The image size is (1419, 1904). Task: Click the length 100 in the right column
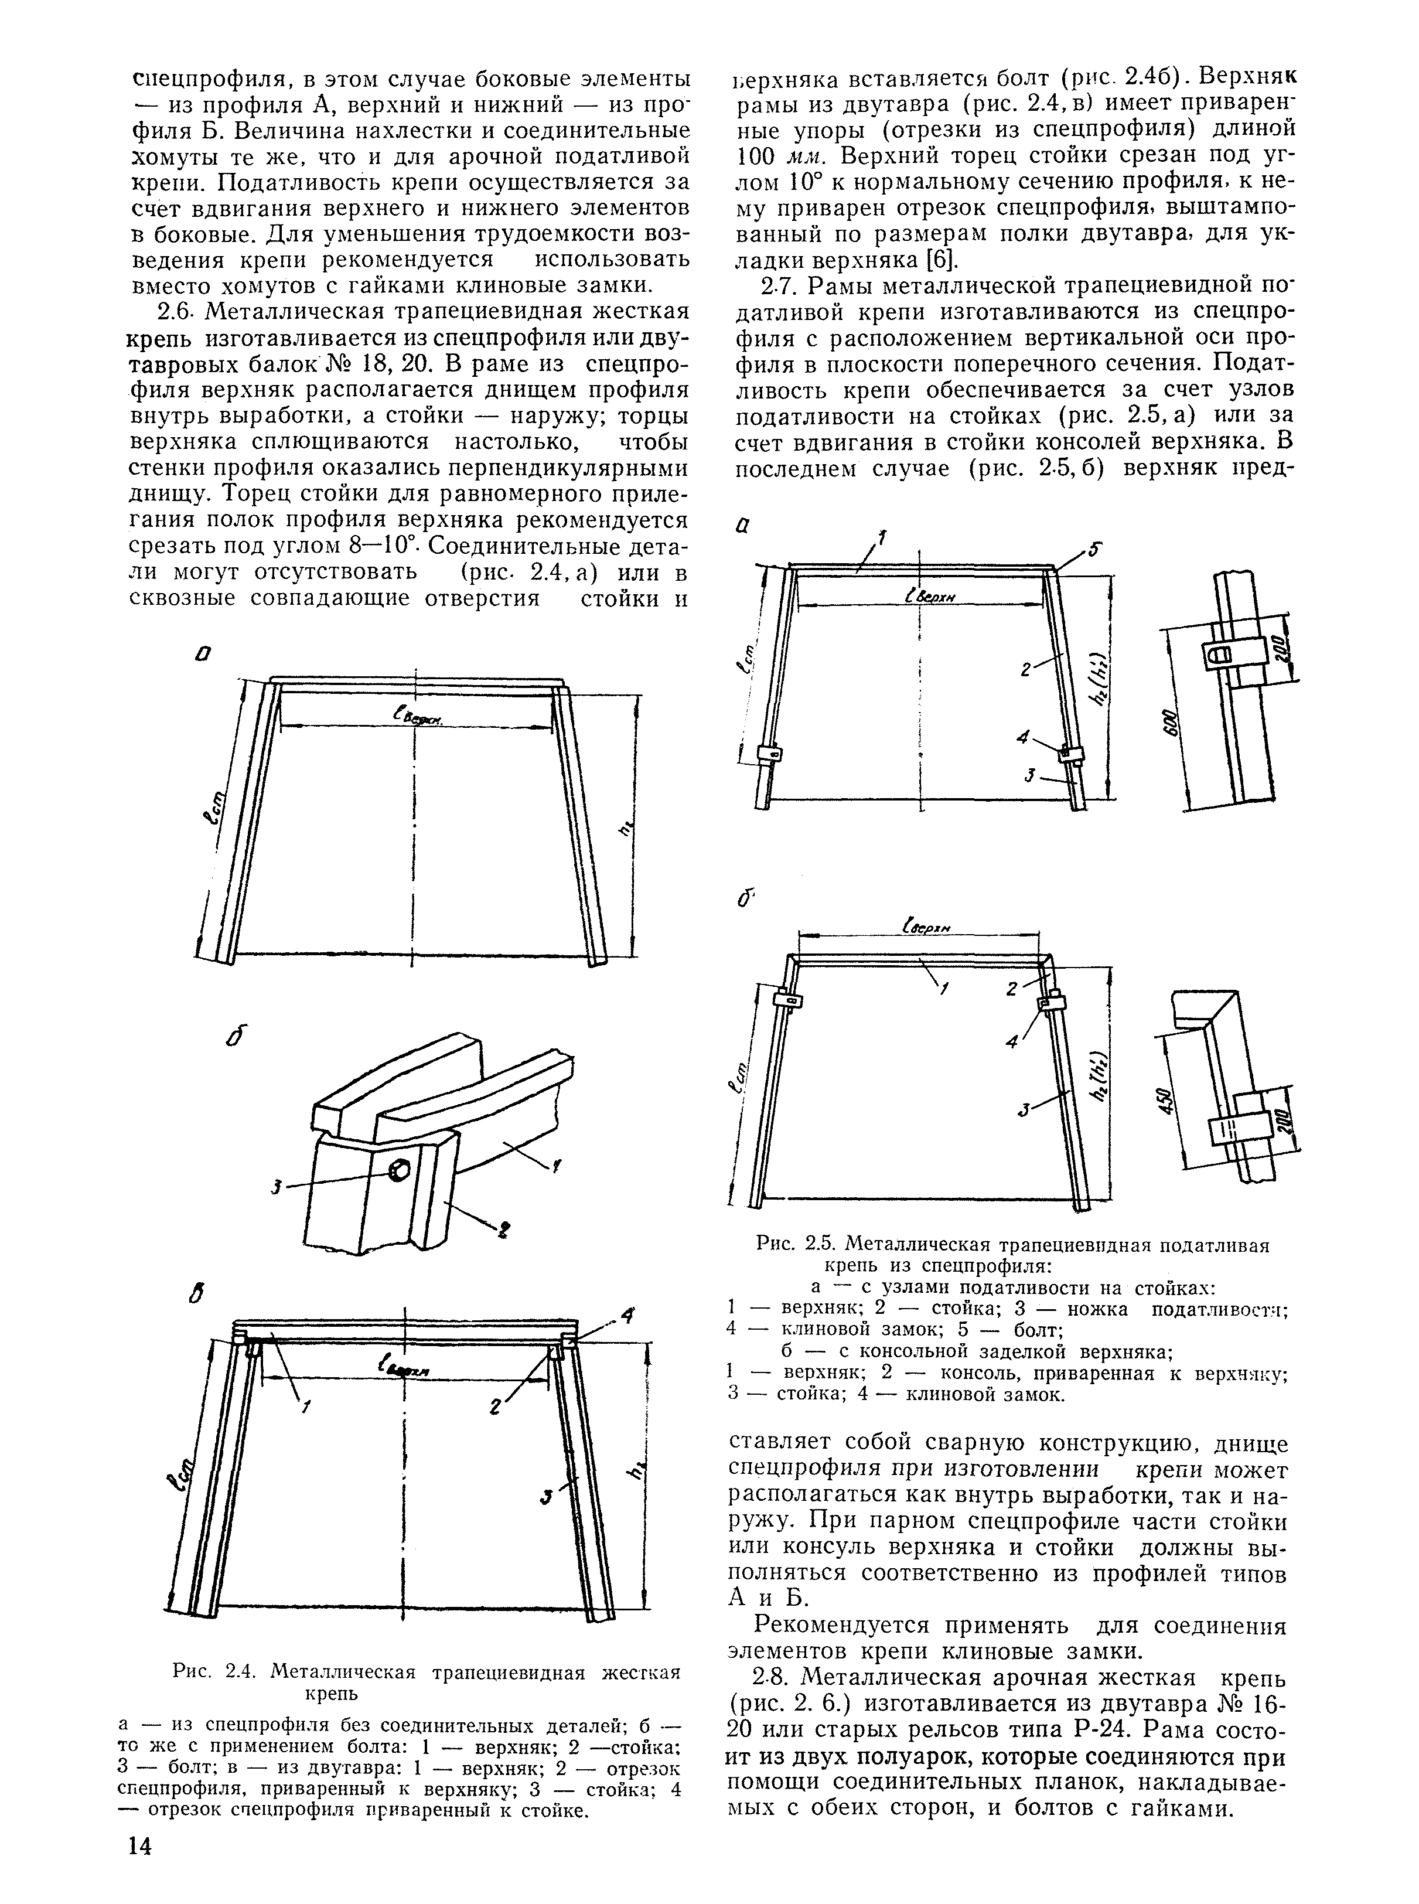point(757,158)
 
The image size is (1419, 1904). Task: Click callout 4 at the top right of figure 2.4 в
point(628,1316)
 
